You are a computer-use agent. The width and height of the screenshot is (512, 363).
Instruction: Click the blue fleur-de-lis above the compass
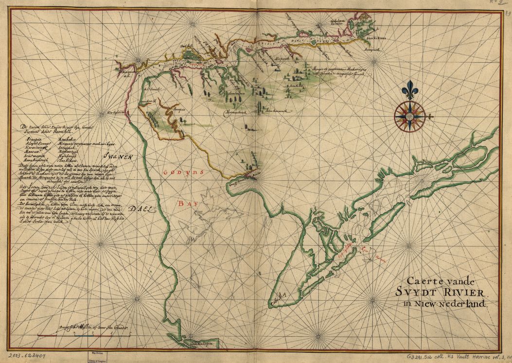[409, 89]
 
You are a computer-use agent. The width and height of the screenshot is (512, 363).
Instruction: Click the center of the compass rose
[409, 116]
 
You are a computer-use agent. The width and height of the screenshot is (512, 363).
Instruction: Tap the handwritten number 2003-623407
[23, 356]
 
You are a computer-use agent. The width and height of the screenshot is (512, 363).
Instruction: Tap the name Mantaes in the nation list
[33, 151]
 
